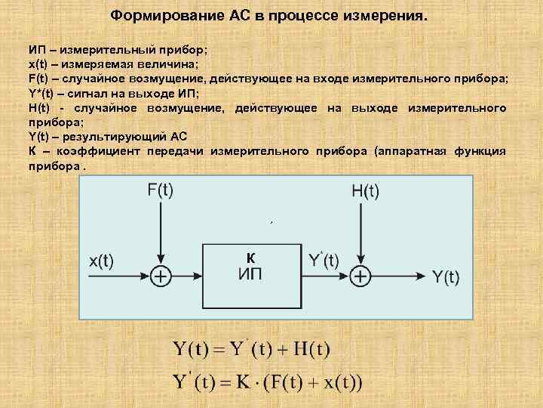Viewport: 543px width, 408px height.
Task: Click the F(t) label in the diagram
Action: click(x=159, y=190)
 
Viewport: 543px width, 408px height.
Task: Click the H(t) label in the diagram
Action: click(x=365, y=191)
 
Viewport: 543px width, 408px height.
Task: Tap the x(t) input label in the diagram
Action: click(x=102, y=261)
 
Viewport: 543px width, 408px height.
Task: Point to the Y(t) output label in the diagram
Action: click(x=446, y=277)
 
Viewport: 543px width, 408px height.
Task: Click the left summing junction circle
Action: click(x=160, y=277)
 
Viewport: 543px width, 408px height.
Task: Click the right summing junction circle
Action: click(x=362, y=277)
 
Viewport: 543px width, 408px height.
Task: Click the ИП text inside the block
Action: click(x=251, y=274)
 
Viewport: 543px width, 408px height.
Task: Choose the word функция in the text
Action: click(x=480, y=152)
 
